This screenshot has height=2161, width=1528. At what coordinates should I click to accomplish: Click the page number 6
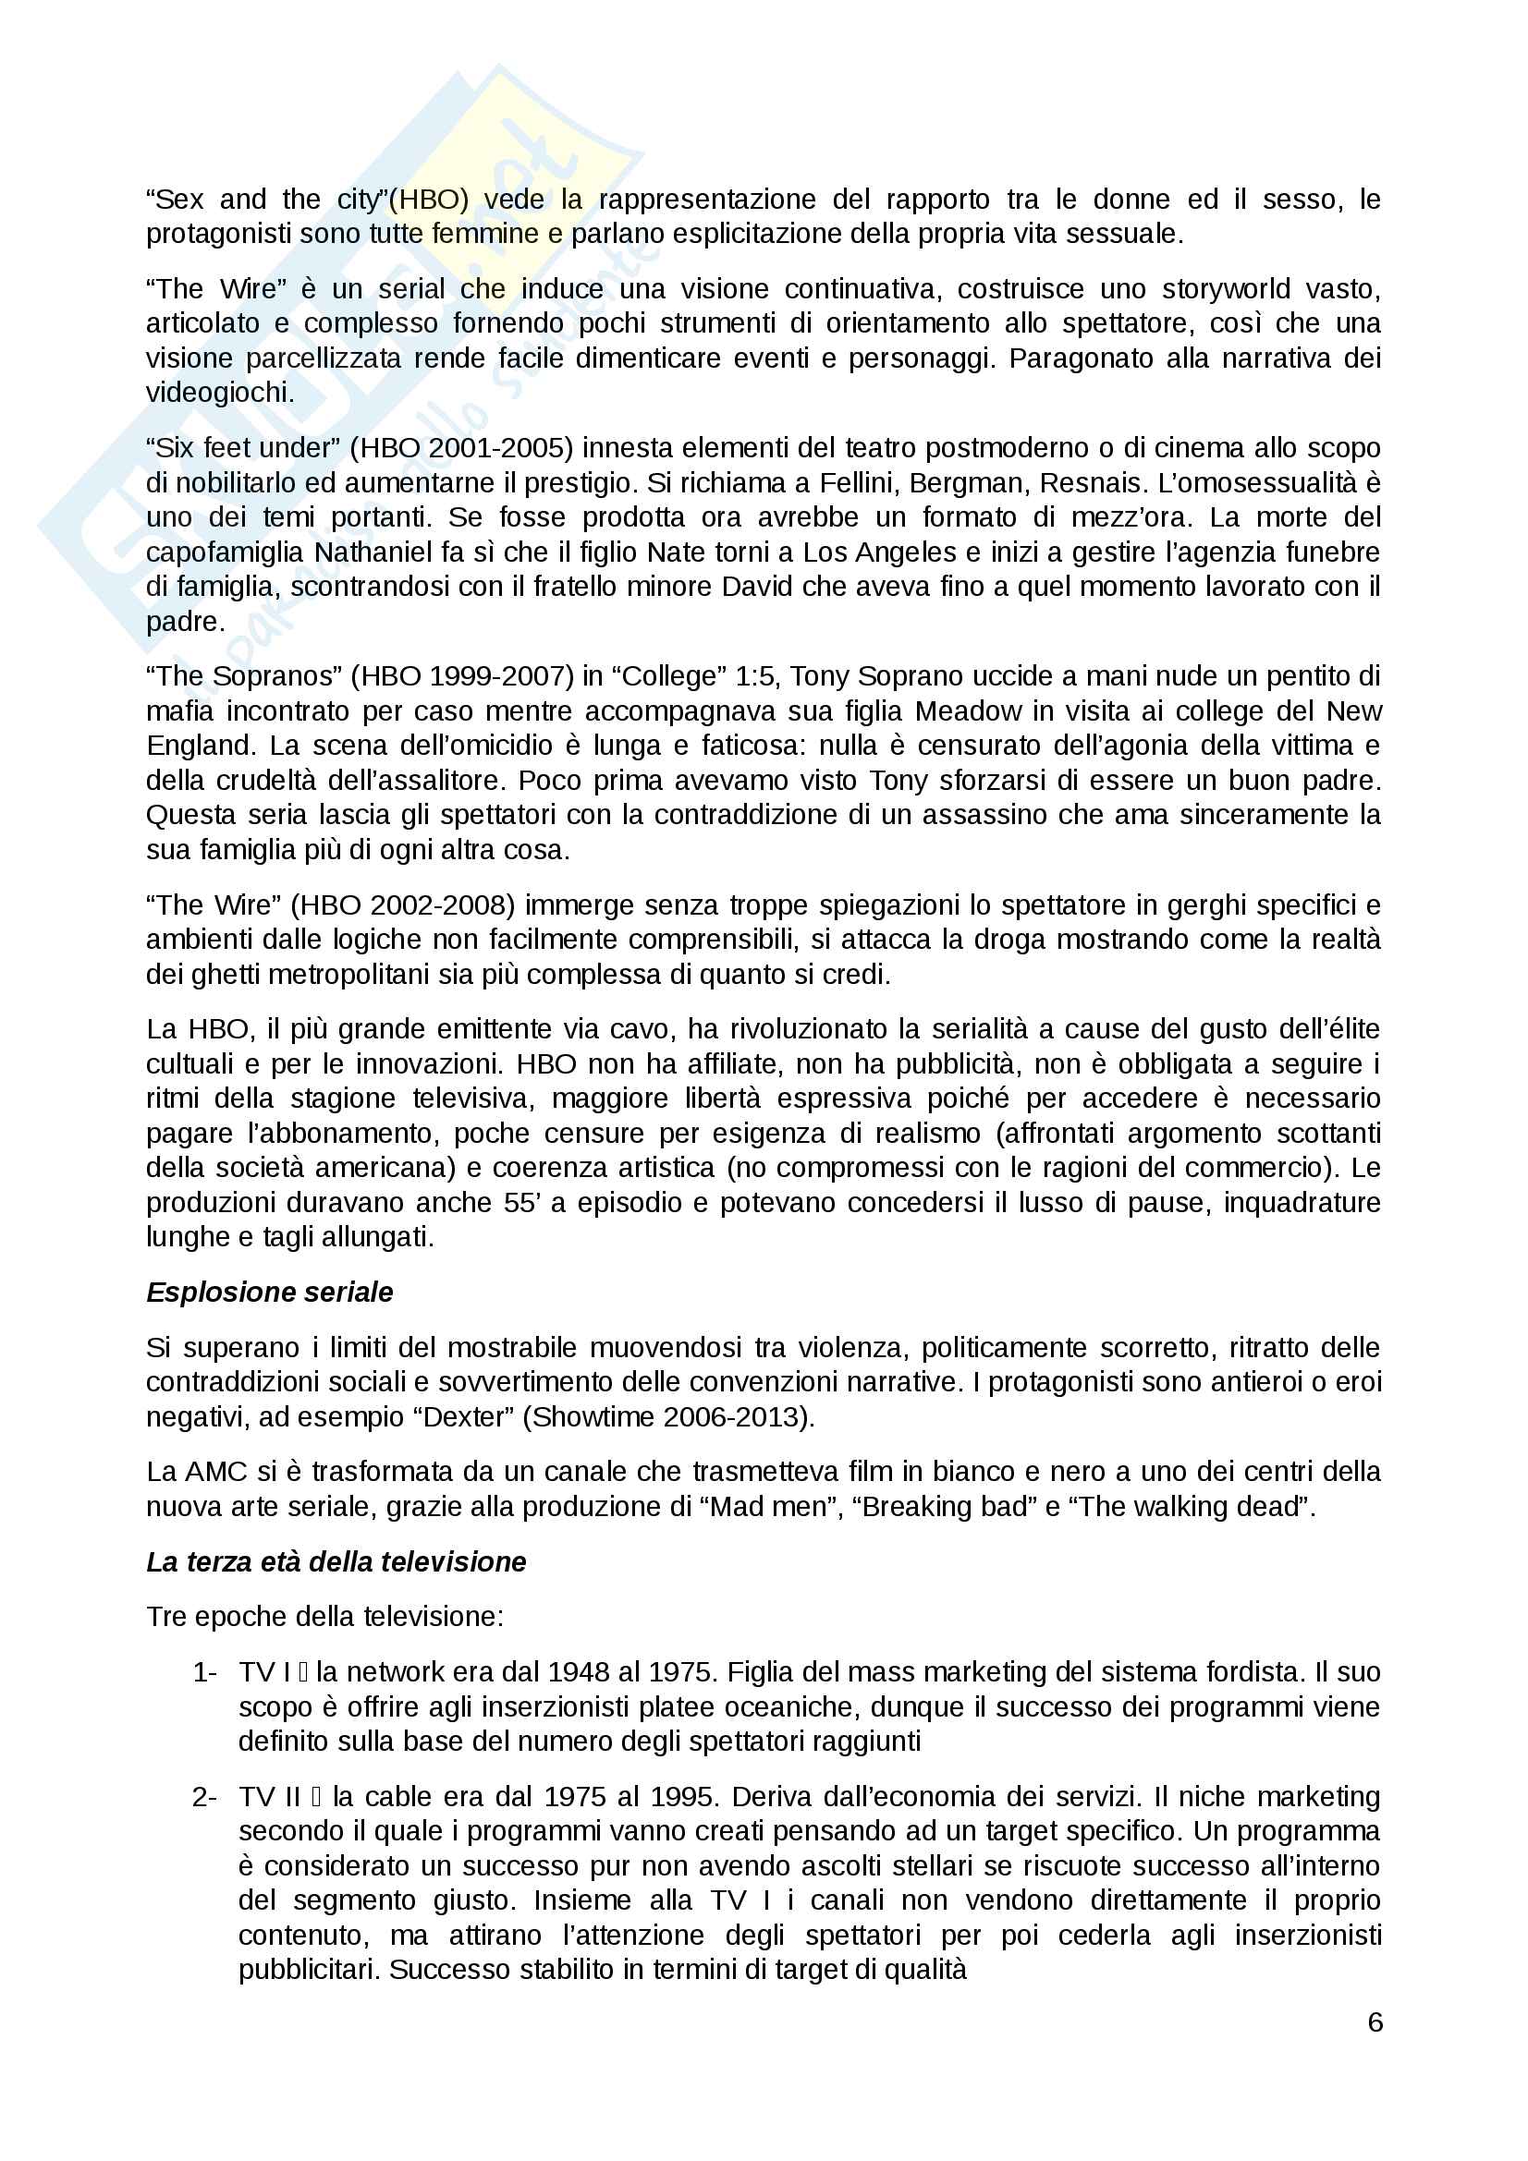click(x=1375, y=2021)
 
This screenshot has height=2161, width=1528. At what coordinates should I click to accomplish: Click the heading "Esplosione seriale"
click(x=269, y=1293)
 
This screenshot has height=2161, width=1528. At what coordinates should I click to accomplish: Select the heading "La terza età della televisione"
click(x=336, y=1561)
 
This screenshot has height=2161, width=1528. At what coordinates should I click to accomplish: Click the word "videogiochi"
click(x=217, y=393)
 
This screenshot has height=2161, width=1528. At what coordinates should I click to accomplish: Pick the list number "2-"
click(x=204, y=1797)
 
